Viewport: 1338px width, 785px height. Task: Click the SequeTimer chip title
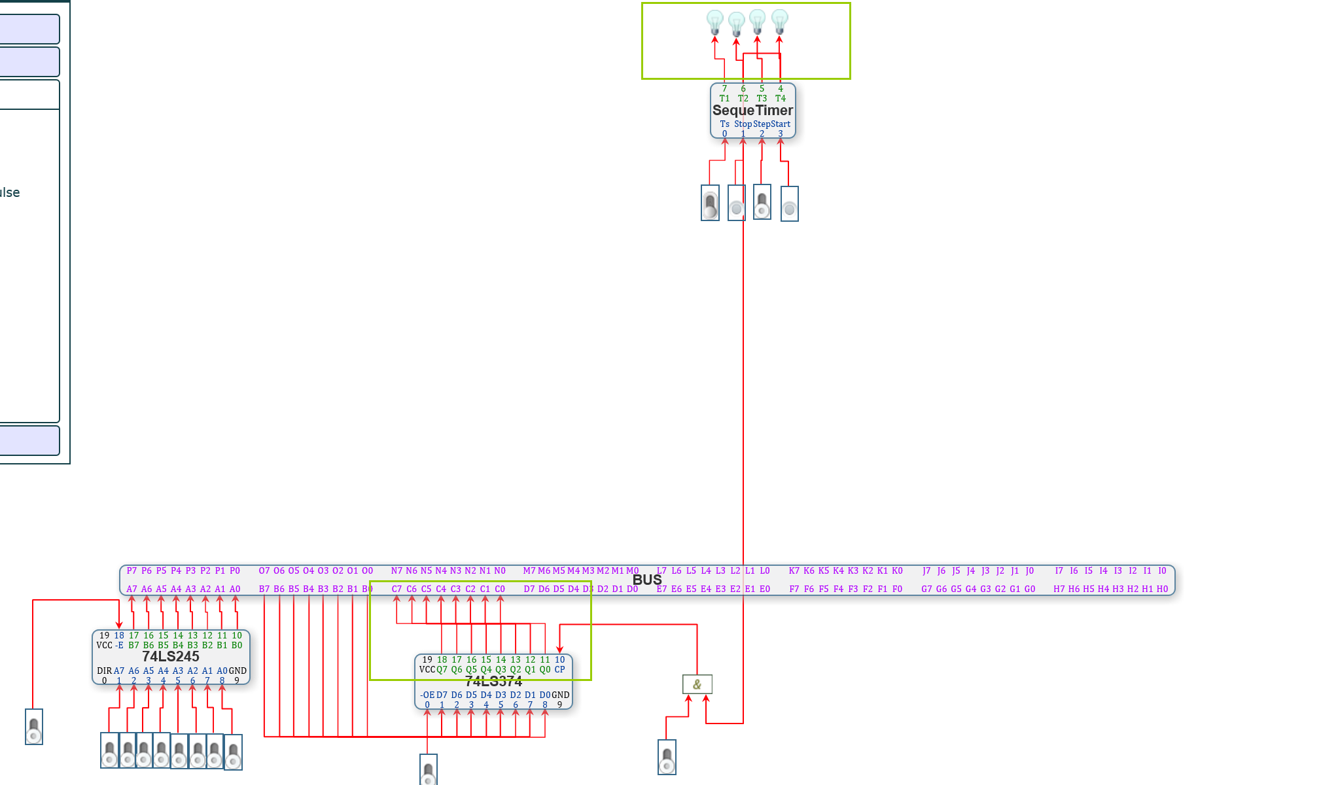tap(752, 111)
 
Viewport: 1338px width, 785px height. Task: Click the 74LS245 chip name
tap(171, 656)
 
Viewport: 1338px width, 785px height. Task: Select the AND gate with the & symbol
tap(697, 684)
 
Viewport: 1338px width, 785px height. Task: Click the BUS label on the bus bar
tap(647, 580)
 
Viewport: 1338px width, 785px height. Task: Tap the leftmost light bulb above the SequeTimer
tap(714, 22)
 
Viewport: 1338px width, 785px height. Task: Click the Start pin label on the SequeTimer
tap(781, 124)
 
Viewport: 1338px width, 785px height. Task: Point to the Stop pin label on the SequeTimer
tap(743, 124)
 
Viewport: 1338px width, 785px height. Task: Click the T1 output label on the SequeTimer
tap(724, 99)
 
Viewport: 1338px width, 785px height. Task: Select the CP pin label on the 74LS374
tap(559, 670)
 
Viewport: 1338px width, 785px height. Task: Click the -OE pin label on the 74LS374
tap(427, 695)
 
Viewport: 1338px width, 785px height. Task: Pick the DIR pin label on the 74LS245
tap(104, 671)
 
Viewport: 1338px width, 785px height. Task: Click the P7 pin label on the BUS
tap(132, 571)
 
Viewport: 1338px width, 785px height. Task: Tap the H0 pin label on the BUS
tap(1162, 589)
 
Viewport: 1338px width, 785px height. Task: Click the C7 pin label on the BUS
tap(396, 589)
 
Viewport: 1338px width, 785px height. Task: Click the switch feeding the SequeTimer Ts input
tap(710, 203)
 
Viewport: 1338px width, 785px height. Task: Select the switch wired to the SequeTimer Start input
tap(789, 204)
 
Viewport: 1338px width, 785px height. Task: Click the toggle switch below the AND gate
tap(667, 758)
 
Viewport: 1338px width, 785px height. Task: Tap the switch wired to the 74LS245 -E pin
tap(34, 727)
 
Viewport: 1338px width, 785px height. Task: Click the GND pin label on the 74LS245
tap(238, 671)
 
